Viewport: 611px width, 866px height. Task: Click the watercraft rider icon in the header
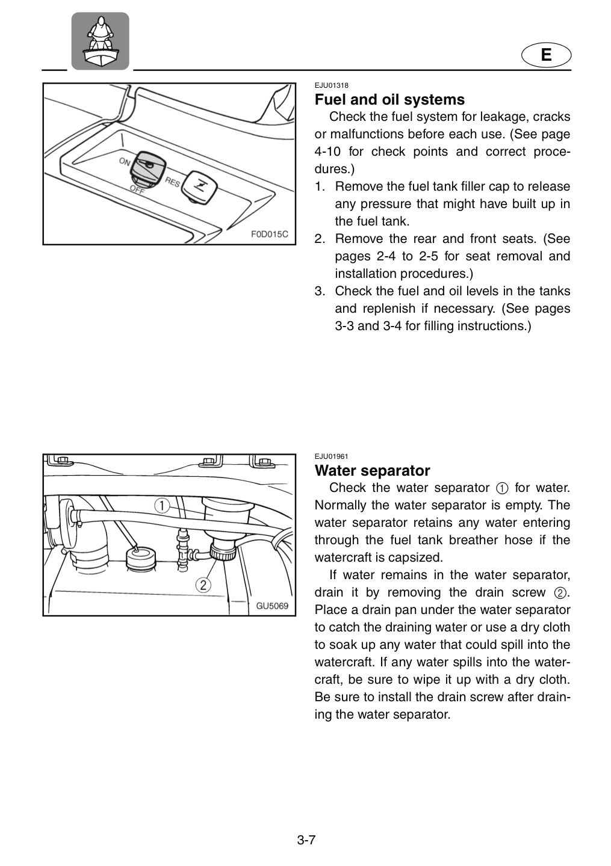[100, 41]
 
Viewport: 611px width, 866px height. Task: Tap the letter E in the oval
[546, 55]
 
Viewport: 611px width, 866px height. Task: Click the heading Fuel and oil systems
[389, 99]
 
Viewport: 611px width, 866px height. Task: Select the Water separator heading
[372, 470]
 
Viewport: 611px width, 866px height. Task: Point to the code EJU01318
[331, 85]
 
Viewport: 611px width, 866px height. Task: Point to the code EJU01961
[331, 456]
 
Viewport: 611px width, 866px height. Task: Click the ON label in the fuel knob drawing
[125, 161]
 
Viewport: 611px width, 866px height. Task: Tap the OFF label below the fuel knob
[137, 190]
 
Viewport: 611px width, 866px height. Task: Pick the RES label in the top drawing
[173, 182]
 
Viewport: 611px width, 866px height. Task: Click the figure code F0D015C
[270, 235]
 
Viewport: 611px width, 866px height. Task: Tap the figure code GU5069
[272, 606]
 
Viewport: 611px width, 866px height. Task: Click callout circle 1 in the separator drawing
[162, 506]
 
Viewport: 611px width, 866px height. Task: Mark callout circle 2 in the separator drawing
[203, 585]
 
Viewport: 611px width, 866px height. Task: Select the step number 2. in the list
[320, 239]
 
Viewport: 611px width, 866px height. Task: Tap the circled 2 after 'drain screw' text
[560, 593]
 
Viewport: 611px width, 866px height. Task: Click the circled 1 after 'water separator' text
[502, 488]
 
